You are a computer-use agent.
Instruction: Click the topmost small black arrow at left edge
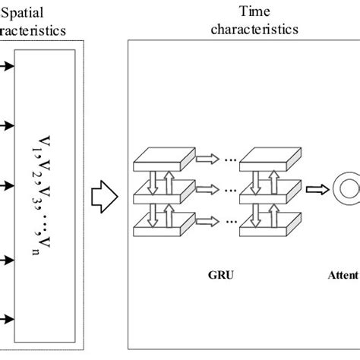(7, 67)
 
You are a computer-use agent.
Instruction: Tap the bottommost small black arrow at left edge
(7, 319)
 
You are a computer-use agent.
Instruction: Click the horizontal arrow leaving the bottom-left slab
(203, 226)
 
